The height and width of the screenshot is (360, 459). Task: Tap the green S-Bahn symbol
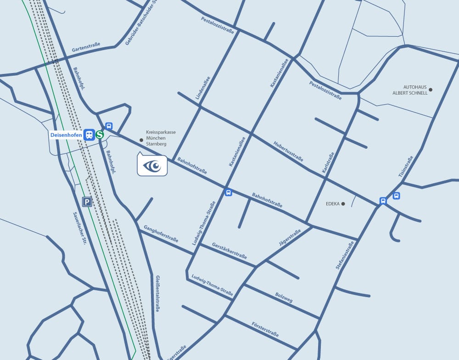(100, 135)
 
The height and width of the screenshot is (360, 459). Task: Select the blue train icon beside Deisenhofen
(89, 135)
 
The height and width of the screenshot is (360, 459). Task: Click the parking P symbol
(87, 202)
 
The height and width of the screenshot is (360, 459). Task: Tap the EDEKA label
(332, 203)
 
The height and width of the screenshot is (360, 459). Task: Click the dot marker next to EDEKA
(343, 203)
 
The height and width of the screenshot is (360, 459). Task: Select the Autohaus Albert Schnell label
(410, 90)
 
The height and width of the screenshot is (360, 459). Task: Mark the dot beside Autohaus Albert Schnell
(431, 90)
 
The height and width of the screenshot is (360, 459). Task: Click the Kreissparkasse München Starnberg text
(161, 138)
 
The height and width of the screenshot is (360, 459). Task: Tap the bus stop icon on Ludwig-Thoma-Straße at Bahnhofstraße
(228, 192)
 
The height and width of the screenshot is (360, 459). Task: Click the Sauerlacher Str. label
(79, 228)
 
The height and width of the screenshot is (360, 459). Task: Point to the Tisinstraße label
(406, 167)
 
